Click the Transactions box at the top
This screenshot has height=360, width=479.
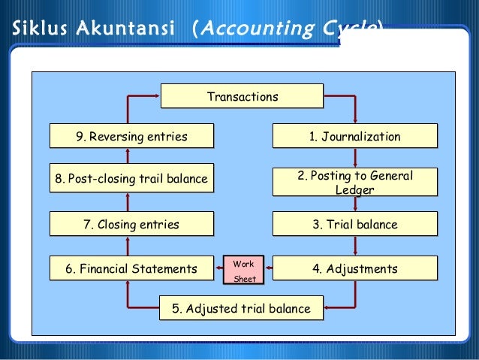pos(242,97)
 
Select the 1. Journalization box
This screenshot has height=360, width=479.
pos(354,137)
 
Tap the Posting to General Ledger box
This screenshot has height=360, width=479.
pos(354,182)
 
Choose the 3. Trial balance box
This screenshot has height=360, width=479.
pos(354,224)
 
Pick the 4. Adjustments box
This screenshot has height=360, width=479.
pos(354,268)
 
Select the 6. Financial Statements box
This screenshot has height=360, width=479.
pos(131,268)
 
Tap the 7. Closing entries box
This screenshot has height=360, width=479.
pos(131,224)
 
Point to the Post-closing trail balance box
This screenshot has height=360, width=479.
pos(131,180)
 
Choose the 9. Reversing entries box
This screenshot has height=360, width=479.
pos(131,137)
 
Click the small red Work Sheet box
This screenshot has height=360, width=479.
pos(244,271)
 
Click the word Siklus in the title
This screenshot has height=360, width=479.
pos(36,29)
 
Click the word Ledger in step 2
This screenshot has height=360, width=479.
pos(354,189)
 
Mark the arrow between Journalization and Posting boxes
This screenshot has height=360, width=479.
pos(354,157)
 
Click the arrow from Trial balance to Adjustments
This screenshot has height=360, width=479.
pos(354,246)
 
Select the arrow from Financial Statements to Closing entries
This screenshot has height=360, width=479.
pos(128,246)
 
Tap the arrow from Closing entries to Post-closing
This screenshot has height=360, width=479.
pos(128,201)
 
